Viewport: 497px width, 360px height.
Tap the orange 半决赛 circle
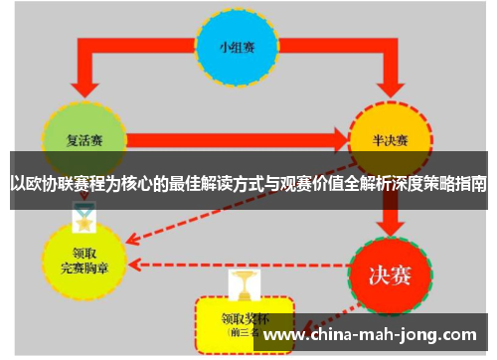(x=391, y=139)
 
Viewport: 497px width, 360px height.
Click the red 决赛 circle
(x=391, y=270)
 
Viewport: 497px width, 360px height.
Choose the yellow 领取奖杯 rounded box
(x=246, y=320)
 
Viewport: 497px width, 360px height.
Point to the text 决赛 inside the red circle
(x=391, y=270)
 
